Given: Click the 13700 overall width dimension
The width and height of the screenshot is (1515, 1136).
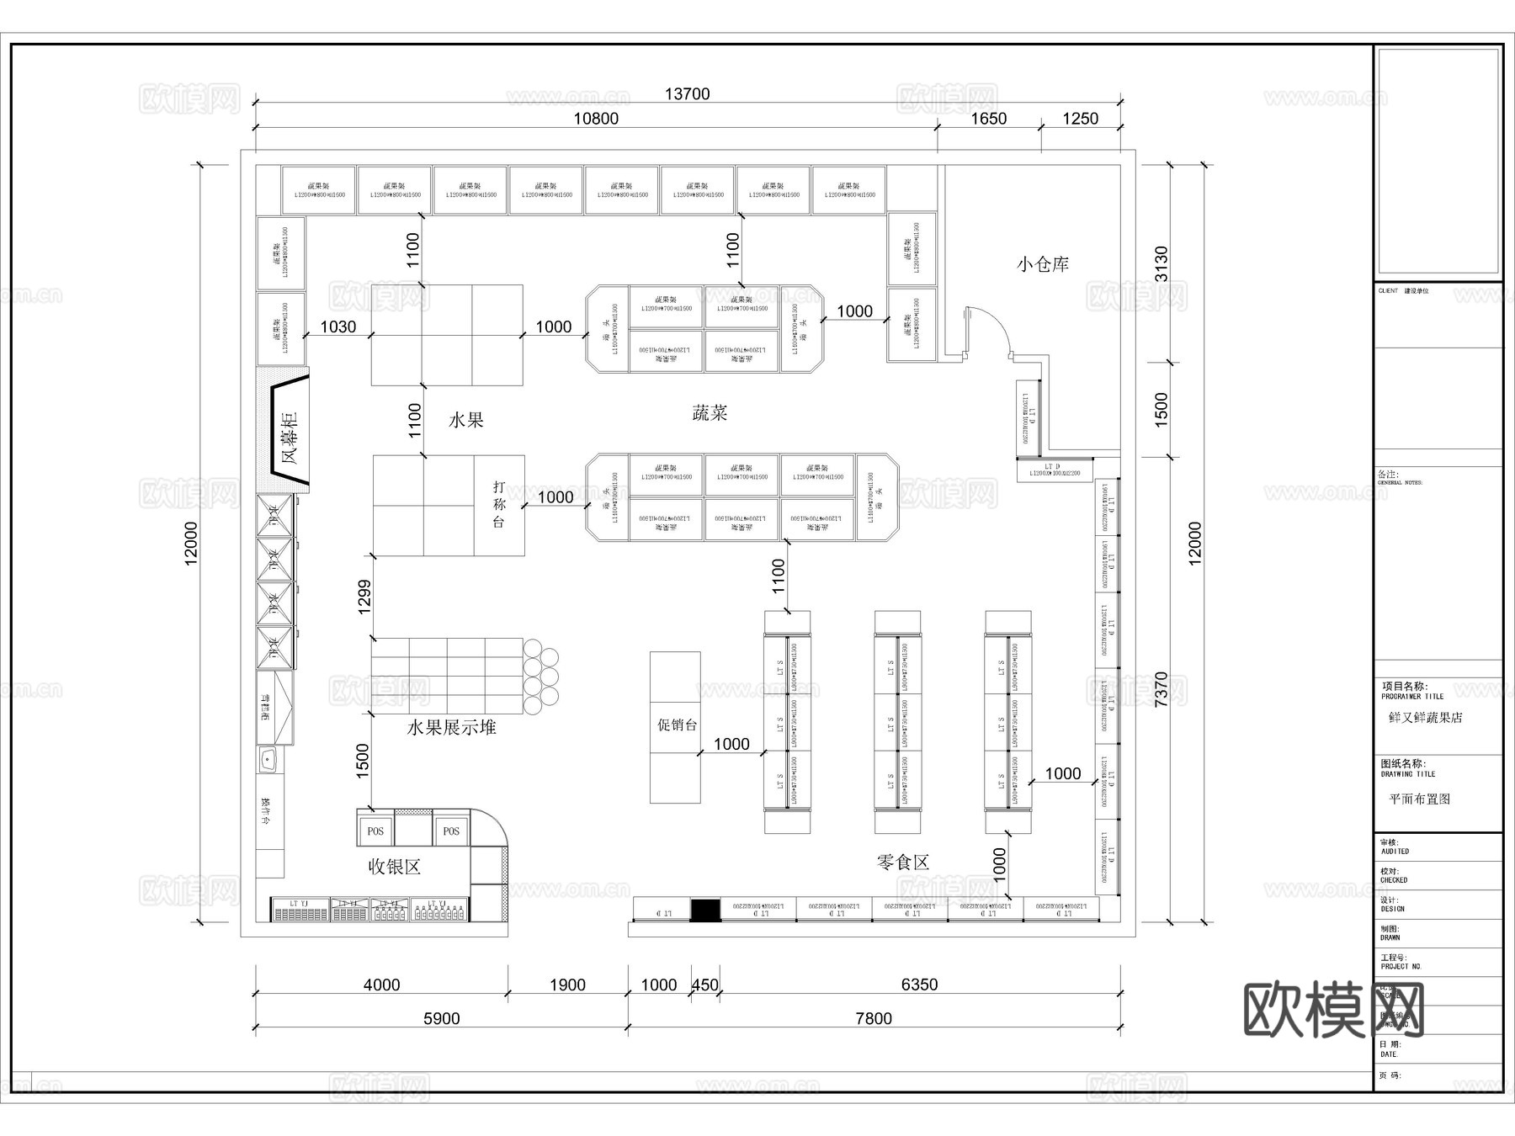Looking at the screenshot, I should click(x=687, y=93).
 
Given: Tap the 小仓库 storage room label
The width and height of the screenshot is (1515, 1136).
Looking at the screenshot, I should click(x=1042, y=264).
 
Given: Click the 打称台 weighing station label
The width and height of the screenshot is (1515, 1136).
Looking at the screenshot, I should click(x=499, y=504).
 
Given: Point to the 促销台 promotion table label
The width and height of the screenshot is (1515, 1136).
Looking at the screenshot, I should click(x=677, y=725).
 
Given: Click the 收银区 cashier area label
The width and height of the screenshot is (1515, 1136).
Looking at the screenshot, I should click(x=394, y=866).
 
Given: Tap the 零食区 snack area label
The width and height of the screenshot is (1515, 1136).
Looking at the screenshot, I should click(x=902, y=862).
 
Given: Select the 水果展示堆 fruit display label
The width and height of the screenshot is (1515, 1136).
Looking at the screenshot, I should click(x=451, y=727).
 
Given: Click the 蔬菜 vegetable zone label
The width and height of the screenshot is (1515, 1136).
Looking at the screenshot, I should click(x=709, y=412).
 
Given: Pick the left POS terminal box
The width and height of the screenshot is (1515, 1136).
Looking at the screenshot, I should click(x=375, y=831).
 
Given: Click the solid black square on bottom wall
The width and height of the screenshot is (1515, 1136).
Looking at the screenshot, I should click(x=704, y=910).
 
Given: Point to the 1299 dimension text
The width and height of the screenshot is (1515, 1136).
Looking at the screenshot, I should click(x=364, y=596).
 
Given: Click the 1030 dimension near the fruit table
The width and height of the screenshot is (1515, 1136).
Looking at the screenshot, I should click(x=338, y=326).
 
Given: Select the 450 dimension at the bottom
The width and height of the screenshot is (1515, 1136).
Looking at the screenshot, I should click(x=704, y=985).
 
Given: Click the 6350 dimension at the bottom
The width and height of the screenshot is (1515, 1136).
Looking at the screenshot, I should click(x=918, y=985).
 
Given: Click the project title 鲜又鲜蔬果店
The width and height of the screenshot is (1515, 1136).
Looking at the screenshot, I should click(x=1425, y=718).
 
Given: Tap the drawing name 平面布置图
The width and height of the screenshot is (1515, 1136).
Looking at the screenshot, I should click(x=1419, y=799).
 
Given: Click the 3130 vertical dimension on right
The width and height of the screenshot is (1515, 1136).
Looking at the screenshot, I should click(x=1161, y=263).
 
